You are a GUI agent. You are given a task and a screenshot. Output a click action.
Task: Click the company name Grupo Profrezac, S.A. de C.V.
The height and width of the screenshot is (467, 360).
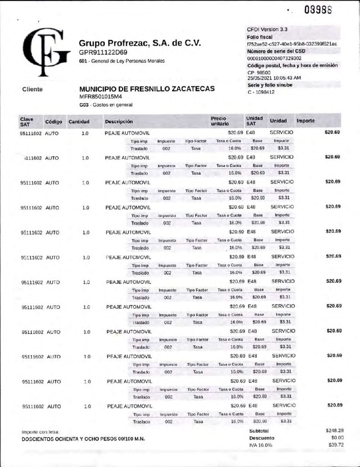tap(140, 43)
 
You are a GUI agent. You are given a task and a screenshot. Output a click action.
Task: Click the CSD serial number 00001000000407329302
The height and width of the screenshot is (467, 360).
tap(274, 58)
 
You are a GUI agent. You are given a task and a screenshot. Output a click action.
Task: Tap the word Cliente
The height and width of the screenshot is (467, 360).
tap(32, 89)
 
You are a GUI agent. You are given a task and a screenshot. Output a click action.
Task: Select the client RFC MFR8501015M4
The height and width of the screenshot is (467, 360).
tap(101, 97)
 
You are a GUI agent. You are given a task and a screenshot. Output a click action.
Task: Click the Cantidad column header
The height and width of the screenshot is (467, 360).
tap(78, 122)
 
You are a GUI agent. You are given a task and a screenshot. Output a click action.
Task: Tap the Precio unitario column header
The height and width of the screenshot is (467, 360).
tap(220, 120)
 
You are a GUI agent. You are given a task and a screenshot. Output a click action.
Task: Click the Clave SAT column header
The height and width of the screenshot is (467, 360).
tap(26, 120)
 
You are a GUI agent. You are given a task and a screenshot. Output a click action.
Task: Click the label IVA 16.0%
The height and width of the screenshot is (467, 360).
tap(260, 445)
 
